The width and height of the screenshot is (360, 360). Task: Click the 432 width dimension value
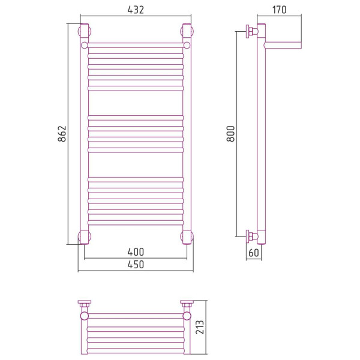[x=136, y=10]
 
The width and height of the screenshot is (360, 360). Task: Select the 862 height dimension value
[x=62, y=134]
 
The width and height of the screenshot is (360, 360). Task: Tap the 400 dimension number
[x=136, y=252]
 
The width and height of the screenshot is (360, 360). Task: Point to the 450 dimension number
[x=136, y=265]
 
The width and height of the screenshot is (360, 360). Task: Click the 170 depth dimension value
[x=279, y=10]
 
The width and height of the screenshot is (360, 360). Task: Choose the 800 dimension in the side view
[x=231, y=134]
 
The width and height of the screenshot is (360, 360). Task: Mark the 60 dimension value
[x=254, y=253]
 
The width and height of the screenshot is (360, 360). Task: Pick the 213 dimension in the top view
[x=200, y=327]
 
